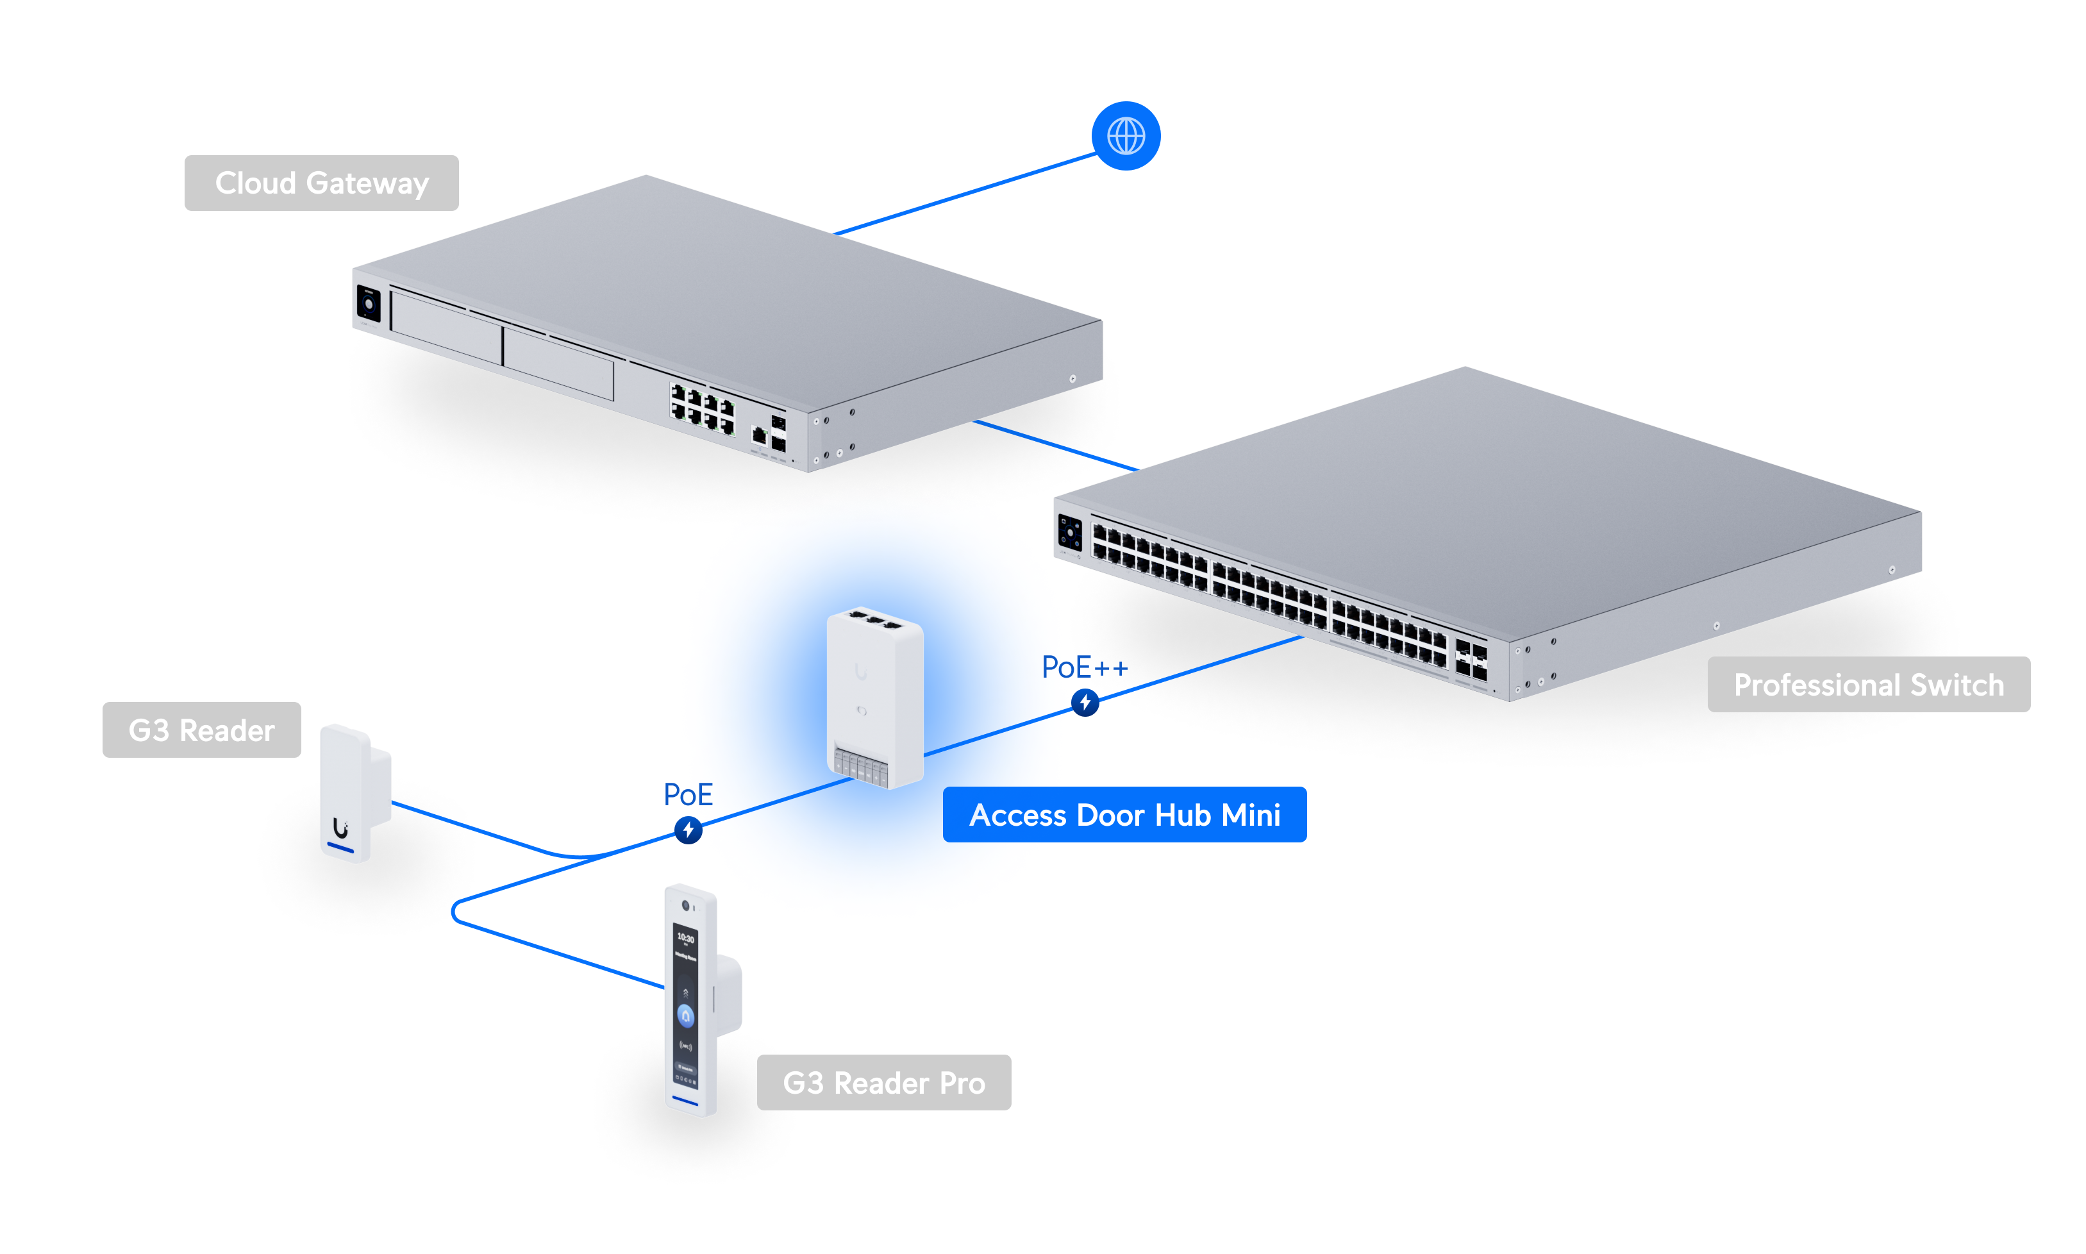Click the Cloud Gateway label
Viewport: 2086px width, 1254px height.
click(321, 183)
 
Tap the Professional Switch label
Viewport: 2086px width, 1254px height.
click(1867, 685)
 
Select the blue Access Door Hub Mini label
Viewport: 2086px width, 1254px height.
click(1124, 815)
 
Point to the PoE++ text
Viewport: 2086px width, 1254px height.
click(1084, 667)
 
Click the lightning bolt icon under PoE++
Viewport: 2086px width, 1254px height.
click(1084, 702)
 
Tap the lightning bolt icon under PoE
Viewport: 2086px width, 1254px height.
click(688, 830)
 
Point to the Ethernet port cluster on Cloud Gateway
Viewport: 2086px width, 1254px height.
click(702, 408)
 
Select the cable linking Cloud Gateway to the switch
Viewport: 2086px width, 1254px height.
click(1056, 446)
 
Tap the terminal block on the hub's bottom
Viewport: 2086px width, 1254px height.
click(860, 767)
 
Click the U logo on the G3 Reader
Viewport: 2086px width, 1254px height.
click(340, 828)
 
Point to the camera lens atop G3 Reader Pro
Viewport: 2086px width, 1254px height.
click(685, 905)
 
